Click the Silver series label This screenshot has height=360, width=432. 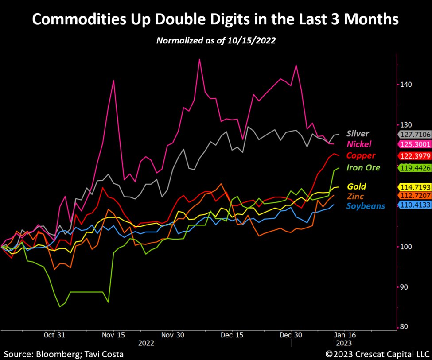(358, 133)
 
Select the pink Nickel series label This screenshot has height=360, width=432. (359, 144)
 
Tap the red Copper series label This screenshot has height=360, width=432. (361, 155)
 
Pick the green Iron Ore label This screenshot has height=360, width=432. (363, 167)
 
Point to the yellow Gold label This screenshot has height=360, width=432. (357, 186)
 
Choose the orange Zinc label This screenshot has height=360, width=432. (356, 196)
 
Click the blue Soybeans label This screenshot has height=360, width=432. (366, 206)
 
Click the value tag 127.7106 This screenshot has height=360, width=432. (415, 135)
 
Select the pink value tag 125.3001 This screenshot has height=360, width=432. (415, 145)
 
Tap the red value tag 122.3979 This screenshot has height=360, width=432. (415, 156)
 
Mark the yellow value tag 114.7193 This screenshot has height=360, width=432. (415, 187)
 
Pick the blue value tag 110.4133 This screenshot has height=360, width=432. (415, 206)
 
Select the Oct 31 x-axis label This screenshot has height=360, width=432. (55, 335)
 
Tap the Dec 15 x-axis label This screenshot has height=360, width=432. (232, 335)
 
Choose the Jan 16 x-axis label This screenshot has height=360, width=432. (344, 335)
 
